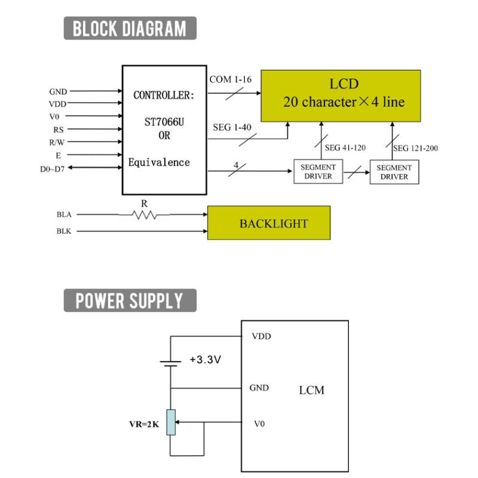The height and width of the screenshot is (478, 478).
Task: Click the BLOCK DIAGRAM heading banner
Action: (130, 28)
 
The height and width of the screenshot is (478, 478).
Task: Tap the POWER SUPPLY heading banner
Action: (130, 301)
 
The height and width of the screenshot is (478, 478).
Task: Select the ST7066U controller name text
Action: (164, 122)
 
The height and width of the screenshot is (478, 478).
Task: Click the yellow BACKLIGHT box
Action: (269, 223)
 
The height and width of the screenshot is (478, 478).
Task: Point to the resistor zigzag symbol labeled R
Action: (145, 215)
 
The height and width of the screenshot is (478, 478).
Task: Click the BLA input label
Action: (64, 215)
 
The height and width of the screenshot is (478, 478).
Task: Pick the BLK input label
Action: (64, 231)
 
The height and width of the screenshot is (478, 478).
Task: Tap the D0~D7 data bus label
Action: (52, 169)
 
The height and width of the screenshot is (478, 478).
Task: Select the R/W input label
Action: (57, 142)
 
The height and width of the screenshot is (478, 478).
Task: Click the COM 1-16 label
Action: (231, 79)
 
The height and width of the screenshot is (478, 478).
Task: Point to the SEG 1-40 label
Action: (232, 127)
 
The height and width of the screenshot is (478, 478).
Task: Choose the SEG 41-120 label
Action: (345, 148)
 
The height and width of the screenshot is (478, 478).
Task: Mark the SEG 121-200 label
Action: (415, 148)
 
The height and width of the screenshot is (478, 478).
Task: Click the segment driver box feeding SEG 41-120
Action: (318, 171)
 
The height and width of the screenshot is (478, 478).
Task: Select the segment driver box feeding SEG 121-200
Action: (394, 172)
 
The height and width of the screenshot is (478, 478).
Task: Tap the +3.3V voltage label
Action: (205, 360)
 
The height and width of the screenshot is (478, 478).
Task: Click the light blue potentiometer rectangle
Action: (171, 422)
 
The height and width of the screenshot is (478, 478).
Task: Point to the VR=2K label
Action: (144, 424)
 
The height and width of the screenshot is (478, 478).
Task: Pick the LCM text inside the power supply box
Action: (311, 390)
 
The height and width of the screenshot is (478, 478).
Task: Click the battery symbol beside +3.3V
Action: (170, 363)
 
